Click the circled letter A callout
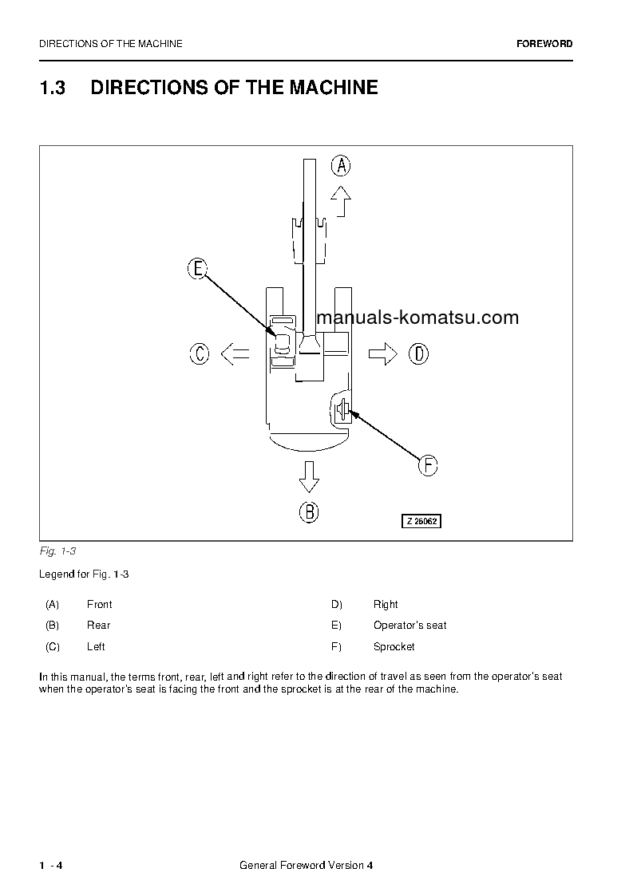click(x=341, y=166)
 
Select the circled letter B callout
click(x=309, y=511)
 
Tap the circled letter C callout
click(x=199, y=353)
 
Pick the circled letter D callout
click(x=418, y=353)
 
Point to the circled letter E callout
click(x=197, y=269)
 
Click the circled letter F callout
click(x=428, y=464)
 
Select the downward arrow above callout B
click(x=309, y=477)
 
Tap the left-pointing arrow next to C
click(x=235, y=353)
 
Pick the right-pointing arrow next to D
click(x=383, y=353)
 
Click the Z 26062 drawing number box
click(x=421, y=521)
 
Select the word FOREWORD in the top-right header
click(x=544, y=44)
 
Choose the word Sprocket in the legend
click(x=394, y=647)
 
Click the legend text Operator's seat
click(x=409, y=626)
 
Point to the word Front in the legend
click(x=99, y=605)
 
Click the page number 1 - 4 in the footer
click(x=50, y=866)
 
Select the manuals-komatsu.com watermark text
click(x=417, y=318)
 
